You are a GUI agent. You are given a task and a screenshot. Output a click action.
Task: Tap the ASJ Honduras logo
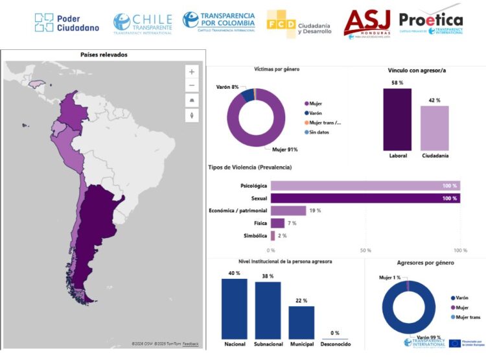(367, 24)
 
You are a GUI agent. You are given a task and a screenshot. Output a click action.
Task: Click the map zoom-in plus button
(192, 72)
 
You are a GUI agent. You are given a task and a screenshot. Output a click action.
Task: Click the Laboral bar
(397, 119)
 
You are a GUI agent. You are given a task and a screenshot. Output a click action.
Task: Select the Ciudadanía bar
(434, 128)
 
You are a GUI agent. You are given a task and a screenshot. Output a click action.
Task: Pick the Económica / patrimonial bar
(288, 210)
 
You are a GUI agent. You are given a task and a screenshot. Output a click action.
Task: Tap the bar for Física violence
(277, 223)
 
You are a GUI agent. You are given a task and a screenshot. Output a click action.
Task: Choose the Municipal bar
(301, 322)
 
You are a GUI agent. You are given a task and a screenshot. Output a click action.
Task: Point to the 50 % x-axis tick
(365, 250)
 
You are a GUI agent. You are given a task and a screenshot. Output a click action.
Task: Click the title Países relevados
(104, 55)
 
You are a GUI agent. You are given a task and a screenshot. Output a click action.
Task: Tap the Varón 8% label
(227, 86)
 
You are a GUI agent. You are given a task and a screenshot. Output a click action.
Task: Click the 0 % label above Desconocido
(335, 333)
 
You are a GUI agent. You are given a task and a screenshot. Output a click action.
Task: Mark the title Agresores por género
(424, 263)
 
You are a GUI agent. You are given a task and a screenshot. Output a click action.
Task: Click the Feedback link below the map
(191, 343)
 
